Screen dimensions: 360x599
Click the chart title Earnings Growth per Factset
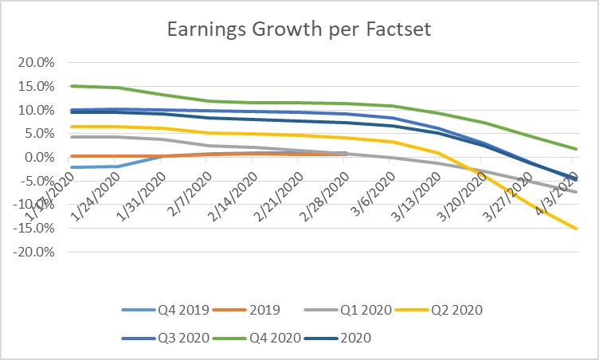[x=299, y=30]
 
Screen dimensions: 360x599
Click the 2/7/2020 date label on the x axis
[x=185, y=181]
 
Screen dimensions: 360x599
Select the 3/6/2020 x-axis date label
[x=368, y=181]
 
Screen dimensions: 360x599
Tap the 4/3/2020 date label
[x=551, y=181]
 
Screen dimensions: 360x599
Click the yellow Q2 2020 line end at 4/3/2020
[x=576, y=229]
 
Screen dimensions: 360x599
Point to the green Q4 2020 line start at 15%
[x=72, y=86]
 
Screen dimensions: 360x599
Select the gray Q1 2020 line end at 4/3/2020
[x=576, y=192]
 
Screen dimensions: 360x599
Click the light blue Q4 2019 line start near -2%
[x=72, y=167]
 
